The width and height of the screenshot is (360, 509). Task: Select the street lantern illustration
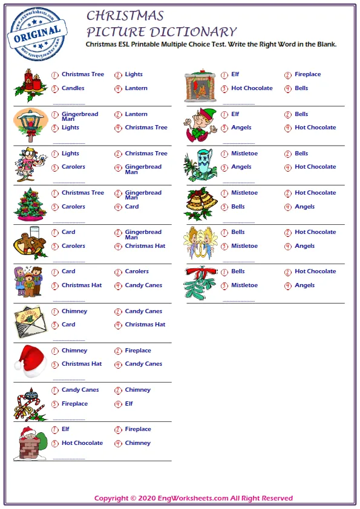30,124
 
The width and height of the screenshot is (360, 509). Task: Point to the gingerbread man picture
30,242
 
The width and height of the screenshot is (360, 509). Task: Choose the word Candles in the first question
73,88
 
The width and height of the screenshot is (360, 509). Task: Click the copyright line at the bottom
193,498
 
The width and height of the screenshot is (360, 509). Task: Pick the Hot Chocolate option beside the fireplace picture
252,88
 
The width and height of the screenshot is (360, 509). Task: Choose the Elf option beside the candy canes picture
129,404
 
